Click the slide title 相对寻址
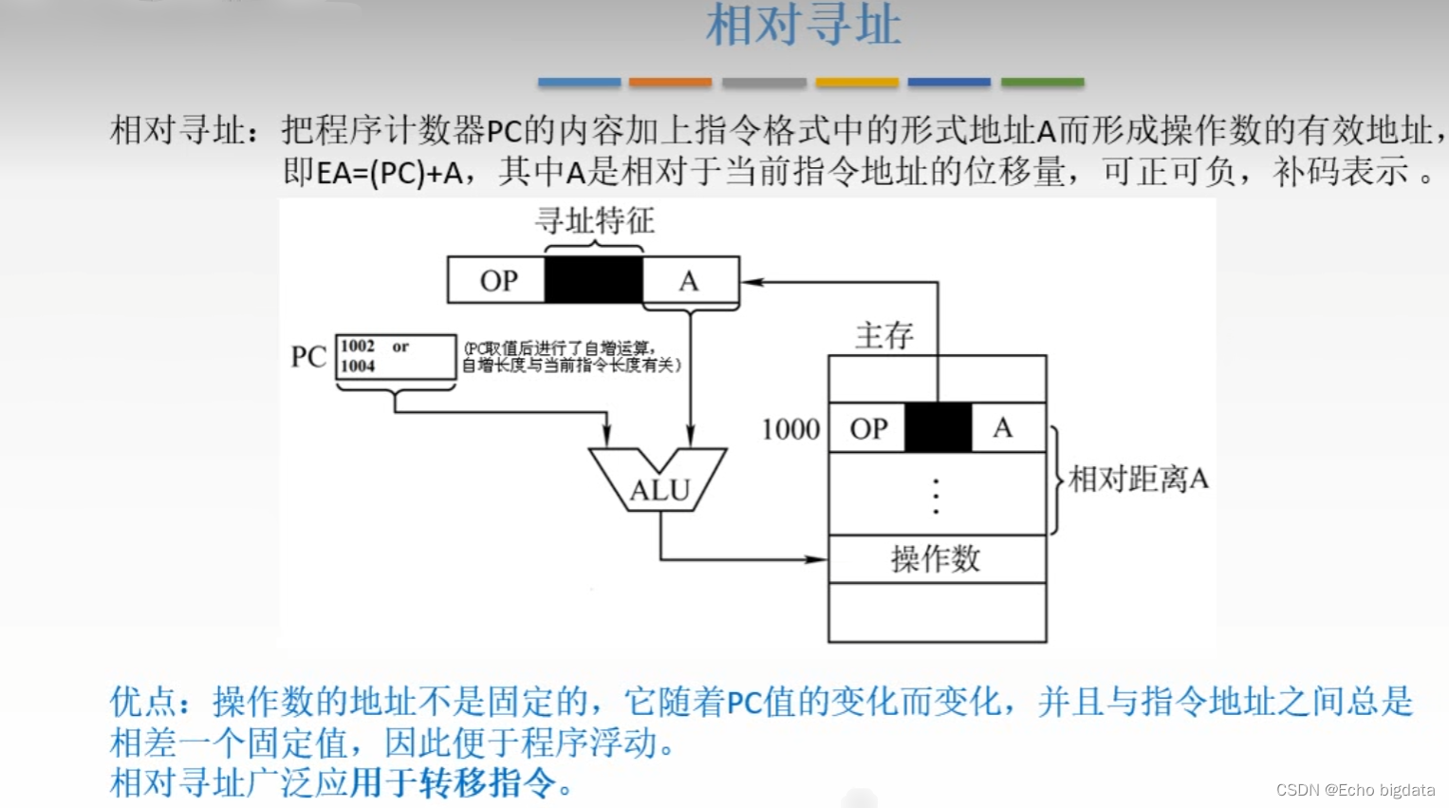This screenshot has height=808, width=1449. pos(803,26)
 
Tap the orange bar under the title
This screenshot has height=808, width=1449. pos(670,83)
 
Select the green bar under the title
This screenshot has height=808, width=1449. pos(1042,83)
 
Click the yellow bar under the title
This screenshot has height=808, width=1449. pos(856,83)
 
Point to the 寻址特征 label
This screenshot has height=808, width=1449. pos(595,221)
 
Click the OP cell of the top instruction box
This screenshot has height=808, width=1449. pos(498,281)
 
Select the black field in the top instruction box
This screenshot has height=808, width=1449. pos(593,280)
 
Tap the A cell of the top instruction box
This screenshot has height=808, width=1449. pos(689,281)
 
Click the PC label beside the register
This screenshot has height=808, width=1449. pos(308,357)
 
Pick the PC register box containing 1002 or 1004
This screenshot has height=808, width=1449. pos(396,357)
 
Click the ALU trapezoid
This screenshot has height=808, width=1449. pos(658,479)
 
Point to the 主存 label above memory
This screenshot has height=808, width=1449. pos(883,335)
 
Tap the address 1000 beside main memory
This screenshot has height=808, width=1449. pos(790,429)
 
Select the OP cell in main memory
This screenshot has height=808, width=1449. pos(868,428)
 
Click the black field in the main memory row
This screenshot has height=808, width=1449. pos(938,427)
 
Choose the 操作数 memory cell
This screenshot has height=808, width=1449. pos(936,559)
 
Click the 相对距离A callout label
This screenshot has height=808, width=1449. pos(1138,479)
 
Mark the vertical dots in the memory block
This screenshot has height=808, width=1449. pos(936,496)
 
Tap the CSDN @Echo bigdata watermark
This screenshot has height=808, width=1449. pos(1355,790)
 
